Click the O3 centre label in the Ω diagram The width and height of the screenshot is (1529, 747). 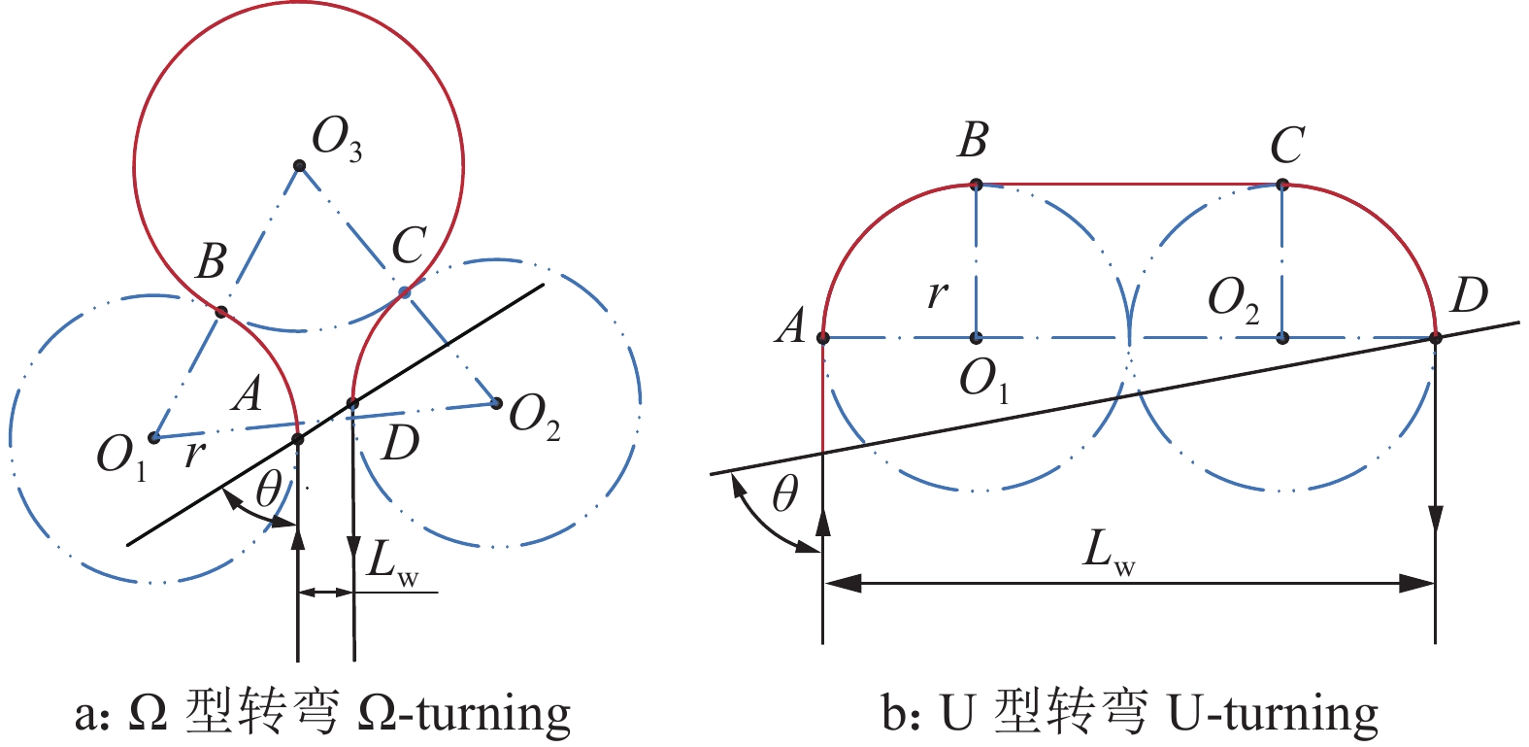336,140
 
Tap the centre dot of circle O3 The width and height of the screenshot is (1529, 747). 300,166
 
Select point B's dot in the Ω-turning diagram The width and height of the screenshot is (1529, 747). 221,312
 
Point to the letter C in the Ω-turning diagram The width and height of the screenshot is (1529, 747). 409,247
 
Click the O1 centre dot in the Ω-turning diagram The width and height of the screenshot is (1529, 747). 153,437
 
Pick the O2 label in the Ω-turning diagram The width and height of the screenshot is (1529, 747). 534,419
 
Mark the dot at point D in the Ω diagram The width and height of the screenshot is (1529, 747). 353,403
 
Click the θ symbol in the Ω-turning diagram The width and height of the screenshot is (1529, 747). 268,491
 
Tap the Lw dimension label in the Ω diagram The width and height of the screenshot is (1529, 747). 392,564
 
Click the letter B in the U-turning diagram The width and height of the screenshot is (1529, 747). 972,140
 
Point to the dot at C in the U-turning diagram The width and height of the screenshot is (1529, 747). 1282,185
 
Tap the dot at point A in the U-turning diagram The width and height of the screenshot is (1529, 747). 823,338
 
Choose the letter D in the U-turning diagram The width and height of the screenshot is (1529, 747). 1468,295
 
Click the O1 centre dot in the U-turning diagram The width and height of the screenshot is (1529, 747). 977,338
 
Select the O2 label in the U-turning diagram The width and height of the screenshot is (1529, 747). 1233,298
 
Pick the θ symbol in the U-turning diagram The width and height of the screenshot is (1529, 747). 784,495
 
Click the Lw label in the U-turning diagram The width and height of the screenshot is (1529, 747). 1108,552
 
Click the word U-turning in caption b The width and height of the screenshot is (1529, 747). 1273,714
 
